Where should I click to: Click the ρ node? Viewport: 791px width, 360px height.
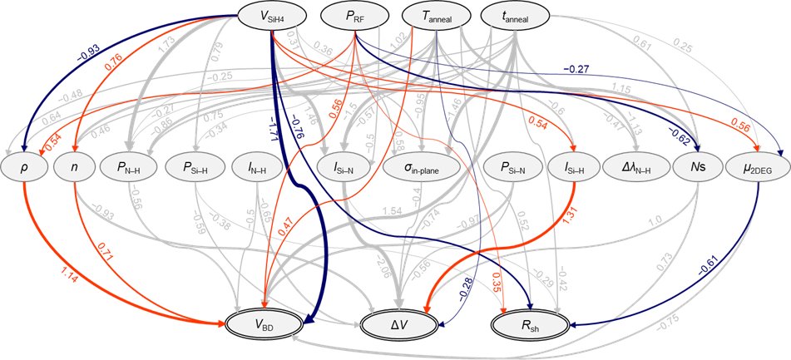(23, 165)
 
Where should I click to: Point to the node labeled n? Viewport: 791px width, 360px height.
(74, 165)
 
